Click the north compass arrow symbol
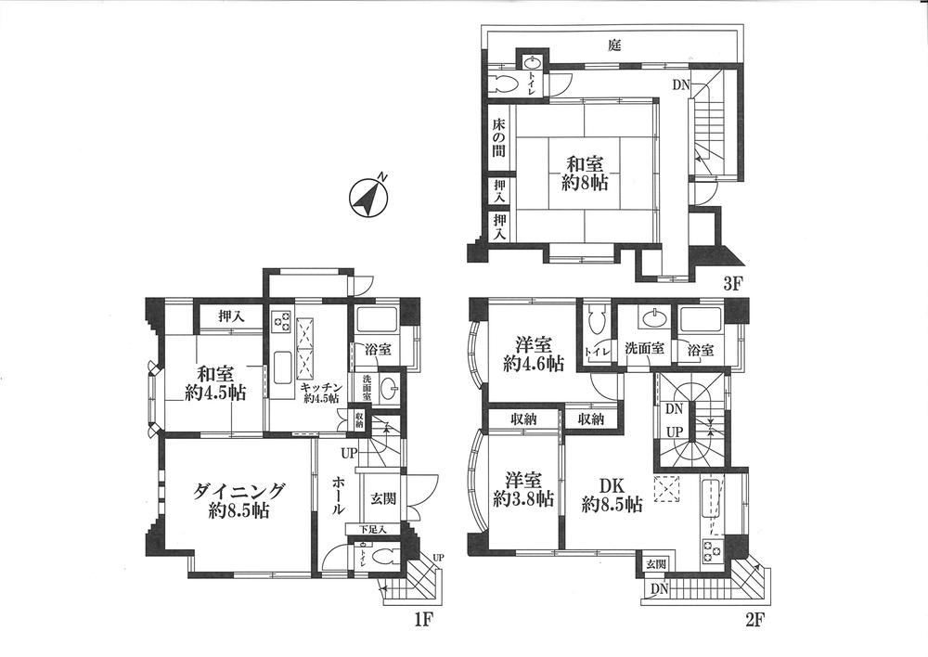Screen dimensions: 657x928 pos(368,197)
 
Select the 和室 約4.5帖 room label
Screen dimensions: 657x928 pos(214,382)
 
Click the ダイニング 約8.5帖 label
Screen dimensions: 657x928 pos(238,500)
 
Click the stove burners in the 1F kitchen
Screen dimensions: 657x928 pos(281,322)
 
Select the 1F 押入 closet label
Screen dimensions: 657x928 pos(231,316)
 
